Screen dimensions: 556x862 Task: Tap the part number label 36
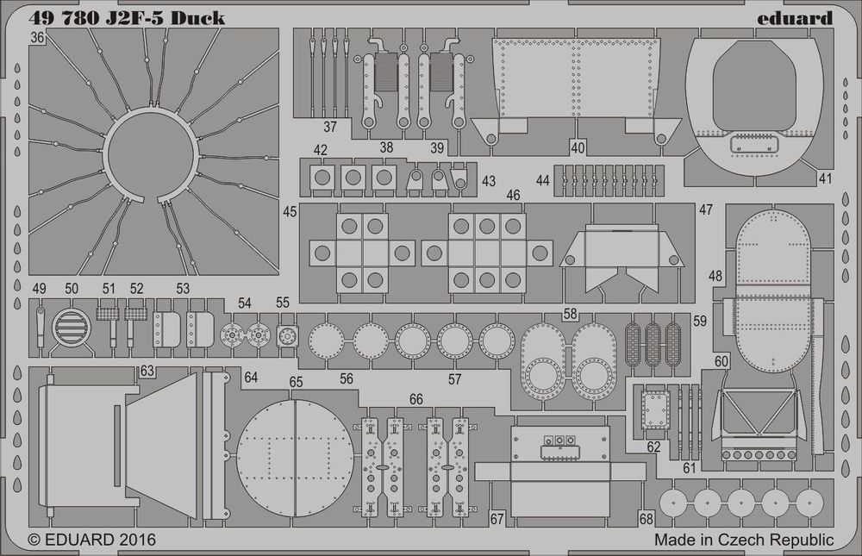(x=37, y=38)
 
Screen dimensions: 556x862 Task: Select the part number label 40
(x=578, y=147)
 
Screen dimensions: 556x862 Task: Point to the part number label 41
(x=826, y=179)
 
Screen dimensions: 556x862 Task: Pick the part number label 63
(x=147, y=372)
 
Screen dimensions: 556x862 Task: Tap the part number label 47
(x=706, y=210)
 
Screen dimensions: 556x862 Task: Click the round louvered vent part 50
(x=70, y=327)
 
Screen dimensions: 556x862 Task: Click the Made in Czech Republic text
(x=744, y=540)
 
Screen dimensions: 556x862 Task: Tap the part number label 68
(x=647, y=518)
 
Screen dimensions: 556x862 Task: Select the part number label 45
(x=290, y=211)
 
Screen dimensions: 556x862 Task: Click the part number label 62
(x=654, y=447)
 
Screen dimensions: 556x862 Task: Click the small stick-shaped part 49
(x=41, y=325)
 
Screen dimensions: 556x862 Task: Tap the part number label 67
(x=497, y=519)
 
